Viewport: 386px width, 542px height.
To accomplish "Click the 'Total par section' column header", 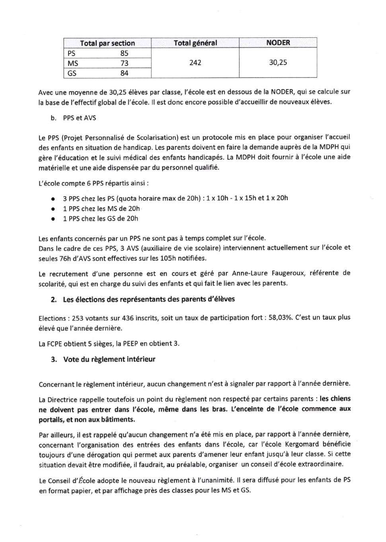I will (107, 43).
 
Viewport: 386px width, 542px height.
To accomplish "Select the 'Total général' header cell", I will (195, 43).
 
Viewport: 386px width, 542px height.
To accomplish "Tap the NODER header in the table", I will (278, 43).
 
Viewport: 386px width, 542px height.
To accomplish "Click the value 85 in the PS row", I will (124, 53).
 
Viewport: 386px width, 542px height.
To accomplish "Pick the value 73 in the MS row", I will (124, 63).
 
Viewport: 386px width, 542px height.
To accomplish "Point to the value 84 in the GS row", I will (124, 73).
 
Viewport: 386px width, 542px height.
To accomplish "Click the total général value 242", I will (195, 63).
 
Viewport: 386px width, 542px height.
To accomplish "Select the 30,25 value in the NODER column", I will (278, 63).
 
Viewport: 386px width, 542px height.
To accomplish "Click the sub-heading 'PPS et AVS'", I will (79, 118).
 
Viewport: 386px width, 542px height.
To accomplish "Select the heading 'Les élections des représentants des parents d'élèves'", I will (148, 299).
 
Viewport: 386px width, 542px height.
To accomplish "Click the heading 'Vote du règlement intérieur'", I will (109, 359).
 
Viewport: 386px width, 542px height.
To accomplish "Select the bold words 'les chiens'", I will (335, 399).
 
